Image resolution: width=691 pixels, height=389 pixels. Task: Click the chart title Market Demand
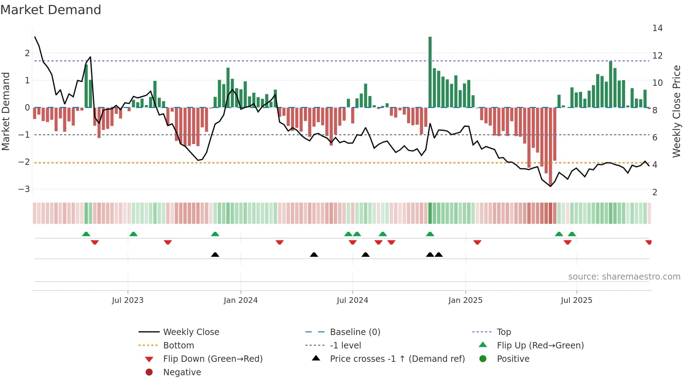pyautogui.click(x=51, y=10)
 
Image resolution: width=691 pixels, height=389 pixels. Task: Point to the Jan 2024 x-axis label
pyautogui.click(x=240, y=300)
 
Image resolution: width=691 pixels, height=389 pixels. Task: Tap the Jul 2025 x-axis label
pyautogui.click(x=576, y=300)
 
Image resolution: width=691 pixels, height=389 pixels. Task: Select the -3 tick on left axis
pyautogui.click(x=24, y=189)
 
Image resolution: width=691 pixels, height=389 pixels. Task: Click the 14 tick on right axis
pyautogui.click(x=657, y=28)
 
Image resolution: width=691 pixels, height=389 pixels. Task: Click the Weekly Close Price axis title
pyautogui.click(x=676, y=111)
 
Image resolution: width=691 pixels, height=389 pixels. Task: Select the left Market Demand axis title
pyautogui.click(x=6, y=111)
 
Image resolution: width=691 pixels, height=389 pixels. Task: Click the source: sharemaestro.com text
pyautogui.click(x=624, y=277)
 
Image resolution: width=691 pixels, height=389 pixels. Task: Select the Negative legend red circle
pyautogui.click(x=149, y=372)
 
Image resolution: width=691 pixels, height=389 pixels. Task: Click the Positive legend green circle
pyautogui.click(x=483, y=359)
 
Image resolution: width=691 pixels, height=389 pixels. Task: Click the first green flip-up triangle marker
pyautogui.click(x=86, y=234)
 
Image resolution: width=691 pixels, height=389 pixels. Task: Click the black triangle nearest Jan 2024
pyautogui.click(x=215, y=255)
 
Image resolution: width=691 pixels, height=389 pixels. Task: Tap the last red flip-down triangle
pyautogui.click(x=648, y=242)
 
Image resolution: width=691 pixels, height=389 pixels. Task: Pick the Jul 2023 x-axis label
pyautogui.click(x=128, y=300)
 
